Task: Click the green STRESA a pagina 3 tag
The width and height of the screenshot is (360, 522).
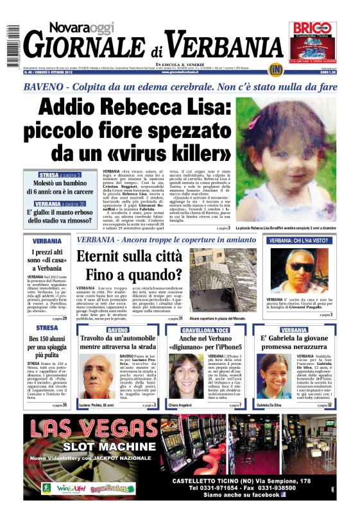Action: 59,174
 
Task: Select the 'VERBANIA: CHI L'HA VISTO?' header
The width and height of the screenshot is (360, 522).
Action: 299,240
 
